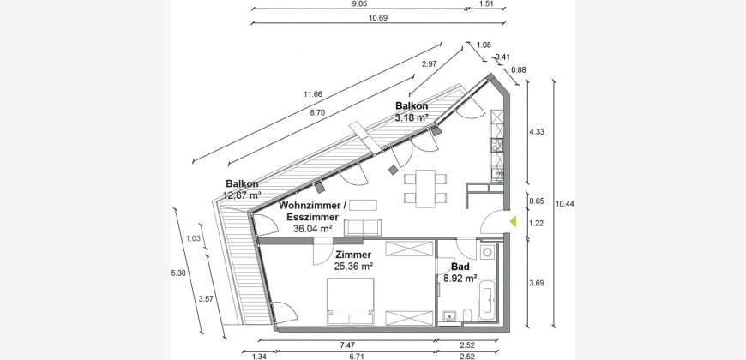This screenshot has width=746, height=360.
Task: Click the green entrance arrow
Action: click(513, 220)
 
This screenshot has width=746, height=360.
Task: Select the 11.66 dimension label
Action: click(313, 94)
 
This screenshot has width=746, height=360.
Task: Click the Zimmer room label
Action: click(353, 255)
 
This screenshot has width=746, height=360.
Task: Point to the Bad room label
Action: click(460, 267)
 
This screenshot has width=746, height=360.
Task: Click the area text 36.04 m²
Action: click(313, 229)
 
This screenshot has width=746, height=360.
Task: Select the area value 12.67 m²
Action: click(242, 195)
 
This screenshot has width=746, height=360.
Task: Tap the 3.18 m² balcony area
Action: click(412, 117)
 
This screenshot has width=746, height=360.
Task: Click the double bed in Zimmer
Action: click(350, 302)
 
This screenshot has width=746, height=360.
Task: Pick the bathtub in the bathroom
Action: click(489, 301)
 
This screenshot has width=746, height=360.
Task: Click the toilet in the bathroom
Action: click(466, 315)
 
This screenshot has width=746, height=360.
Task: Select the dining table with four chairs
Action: click(425, 189)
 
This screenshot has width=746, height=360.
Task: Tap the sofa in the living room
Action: click(363, 228)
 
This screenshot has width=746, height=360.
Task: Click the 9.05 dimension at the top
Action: click(359, 3)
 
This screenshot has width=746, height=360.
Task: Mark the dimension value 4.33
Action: click(537, 132)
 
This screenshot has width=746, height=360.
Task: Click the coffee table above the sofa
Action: click(363, 205)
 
